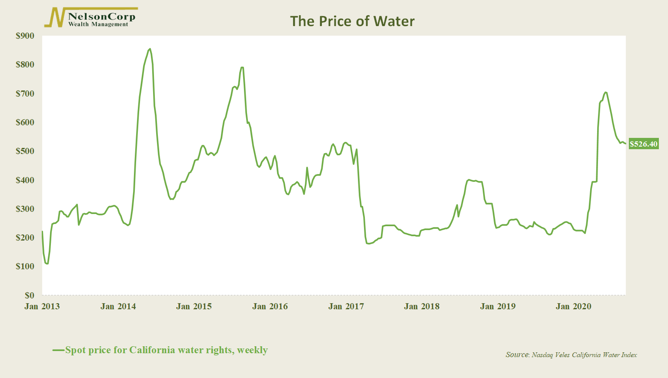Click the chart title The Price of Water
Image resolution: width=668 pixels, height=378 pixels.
352,21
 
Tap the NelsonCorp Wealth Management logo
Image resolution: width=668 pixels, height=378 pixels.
91,18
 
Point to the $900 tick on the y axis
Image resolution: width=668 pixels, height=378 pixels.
25,36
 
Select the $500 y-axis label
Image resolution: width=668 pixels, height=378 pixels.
25,151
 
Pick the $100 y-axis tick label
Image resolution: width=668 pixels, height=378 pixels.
25,266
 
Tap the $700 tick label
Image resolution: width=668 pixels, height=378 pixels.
25,94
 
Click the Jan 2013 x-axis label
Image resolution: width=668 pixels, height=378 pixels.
42,306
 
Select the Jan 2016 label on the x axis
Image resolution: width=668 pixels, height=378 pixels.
270,306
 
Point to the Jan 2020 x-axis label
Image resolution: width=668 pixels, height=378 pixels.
574,306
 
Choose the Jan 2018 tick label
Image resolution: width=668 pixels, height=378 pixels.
422,306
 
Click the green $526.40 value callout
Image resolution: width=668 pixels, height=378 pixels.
644,144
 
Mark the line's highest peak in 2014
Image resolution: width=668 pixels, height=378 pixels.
150,49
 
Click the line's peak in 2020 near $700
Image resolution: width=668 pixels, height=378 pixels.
605,92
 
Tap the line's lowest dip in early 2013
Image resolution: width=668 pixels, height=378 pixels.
47,263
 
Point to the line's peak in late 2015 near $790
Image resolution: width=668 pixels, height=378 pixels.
242,67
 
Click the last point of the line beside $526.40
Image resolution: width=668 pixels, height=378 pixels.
625,144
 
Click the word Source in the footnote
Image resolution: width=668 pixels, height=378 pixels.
517,355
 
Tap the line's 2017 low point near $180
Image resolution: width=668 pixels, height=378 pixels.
368,244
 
